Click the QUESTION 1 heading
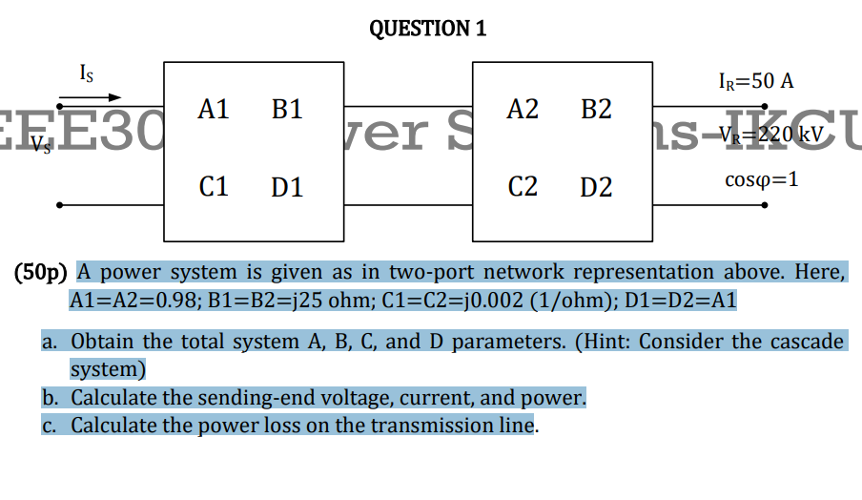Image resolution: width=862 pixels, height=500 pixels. coord(427,29)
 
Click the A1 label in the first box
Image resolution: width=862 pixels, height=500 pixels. coord(214,111)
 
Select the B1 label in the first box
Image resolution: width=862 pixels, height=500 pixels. coord(286,111)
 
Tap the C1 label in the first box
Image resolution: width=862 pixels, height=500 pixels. coord(214,186)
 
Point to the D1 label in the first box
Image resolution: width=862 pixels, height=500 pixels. coord(286,186)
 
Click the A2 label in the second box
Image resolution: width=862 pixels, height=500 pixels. coord(523,111)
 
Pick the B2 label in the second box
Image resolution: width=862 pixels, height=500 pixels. coord(596,111)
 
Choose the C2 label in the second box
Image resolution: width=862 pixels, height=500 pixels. coord(523,186)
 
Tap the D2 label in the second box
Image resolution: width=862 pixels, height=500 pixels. coord(596,186)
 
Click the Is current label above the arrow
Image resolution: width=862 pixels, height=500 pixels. coord(87,73)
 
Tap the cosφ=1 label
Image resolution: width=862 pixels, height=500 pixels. coord(761,180)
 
